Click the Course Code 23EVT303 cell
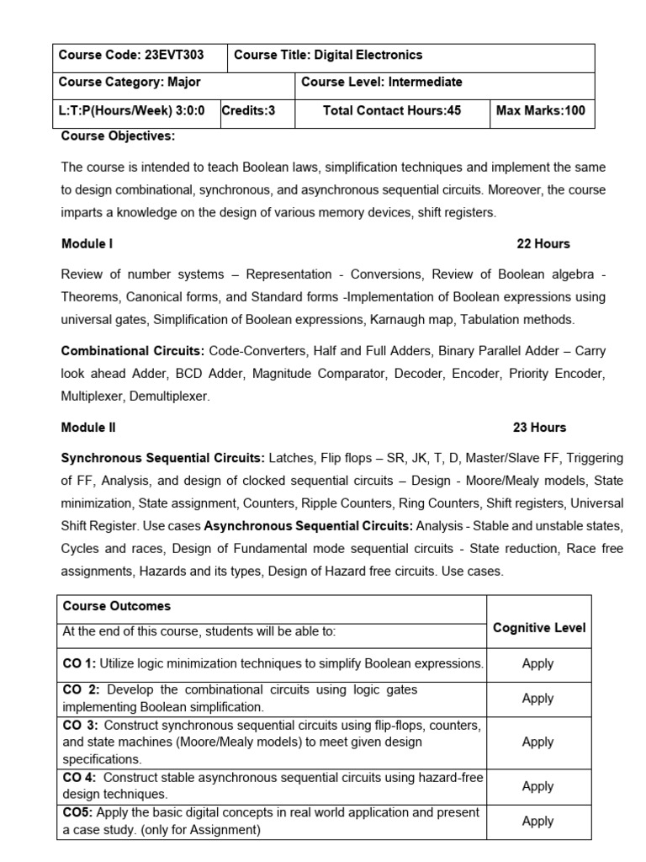coord(140,56)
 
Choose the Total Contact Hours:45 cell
coord(392,110)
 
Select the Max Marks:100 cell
coord(541,110)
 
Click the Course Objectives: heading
coord(118,136)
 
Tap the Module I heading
coord(87,244)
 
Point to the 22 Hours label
coord(543,244)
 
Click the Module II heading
coord(89,428)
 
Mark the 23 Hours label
coord(539,428)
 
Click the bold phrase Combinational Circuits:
coord(133,350)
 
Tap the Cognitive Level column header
coord(539,628)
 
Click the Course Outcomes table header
coord(117,606)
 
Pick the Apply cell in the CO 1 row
coord(537,663)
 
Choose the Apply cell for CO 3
coord(537,742)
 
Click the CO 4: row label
coord(81,778)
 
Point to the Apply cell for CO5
coord(537,821)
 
